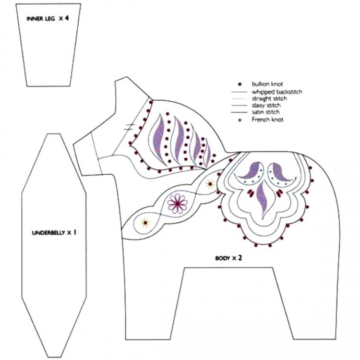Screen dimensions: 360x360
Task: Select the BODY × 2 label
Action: (228, 258)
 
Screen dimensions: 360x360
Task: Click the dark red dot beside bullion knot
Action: (239, 84)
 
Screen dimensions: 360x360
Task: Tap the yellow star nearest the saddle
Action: (210, 184)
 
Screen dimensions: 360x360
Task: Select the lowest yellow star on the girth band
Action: (145, 223)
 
